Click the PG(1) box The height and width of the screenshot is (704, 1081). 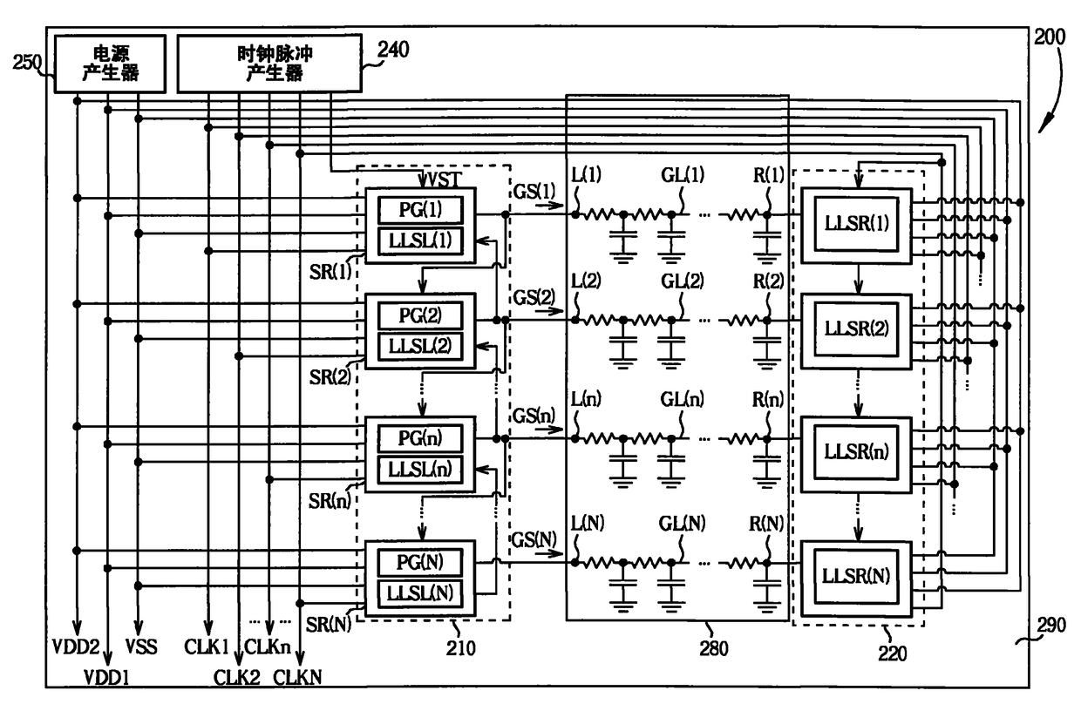tap(420, 210)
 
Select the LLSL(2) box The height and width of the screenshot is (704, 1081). tap(420, 346)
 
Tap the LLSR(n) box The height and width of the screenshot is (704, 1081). tap(856, 452)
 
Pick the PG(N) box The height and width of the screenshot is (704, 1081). tap(420, 562)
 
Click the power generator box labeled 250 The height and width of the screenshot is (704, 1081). tap(110, 64)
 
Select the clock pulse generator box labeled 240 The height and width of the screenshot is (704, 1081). tap(269, 63)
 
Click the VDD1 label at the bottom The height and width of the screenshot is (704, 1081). tap(106, 678)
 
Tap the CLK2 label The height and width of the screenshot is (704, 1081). tap(236, 678)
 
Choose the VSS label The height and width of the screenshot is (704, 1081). tap(141, 646)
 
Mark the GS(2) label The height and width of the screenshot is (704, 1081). tap(534, 297)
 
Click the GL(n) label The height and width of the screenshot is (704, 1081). tap(682, 399)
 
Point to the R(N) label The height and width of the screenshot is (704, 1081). tap(766, 523)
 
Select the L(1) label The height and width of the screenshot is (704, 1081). tap(586, 174)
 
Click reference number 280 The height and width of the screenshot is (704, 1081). tap(714, 648)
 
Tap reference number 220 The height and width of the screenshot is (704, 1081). tap(893, 653)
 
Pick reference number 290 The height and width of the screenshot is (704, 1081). tap(1051, 626)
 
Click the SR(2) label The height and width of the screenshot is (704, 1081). tap(330, 376)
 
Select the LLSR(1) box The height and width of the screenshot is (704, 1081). tap(857, 223)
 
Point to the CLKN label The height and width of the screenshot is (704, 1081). tap(297, 678)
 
